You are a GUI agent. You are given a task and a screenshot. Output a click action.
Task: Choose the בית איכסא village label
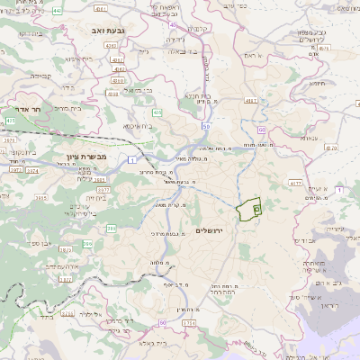(x=136, y=126)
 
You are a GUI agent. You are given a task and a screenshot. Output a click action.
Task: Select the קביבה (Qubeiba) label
(x=41, y=76)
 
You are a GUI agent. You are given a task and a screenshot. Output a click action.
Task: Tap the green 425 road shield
(x=10, y=119)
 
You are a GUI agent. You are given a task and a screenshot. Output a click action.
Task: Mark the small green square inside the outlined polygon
(x=256, y=209)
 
